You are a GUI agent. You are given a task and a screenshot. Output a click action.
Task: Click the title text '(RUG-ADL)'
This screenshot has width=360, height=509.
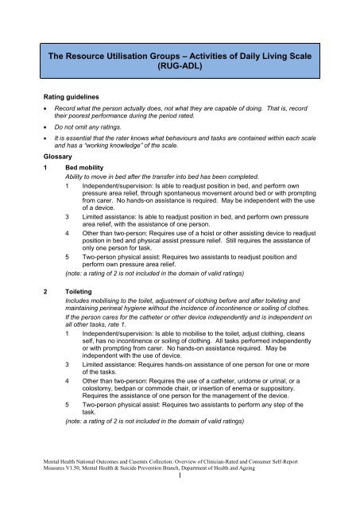point(180,68)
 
